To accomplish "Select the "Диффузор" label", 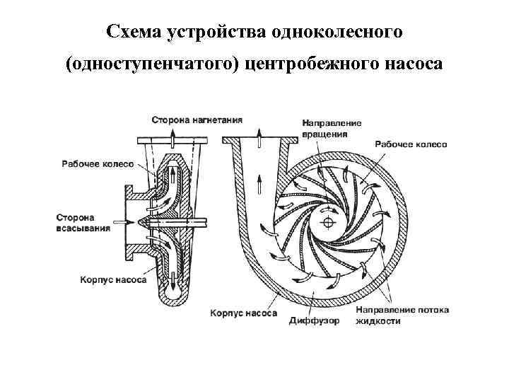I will click(314, 320).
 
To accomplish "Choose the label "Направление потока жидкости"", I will click(401, 316).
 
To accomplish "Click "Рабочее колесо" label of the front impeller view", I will click(411, 144).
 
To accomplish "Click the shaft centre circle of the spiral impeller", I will click(328, 223).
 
